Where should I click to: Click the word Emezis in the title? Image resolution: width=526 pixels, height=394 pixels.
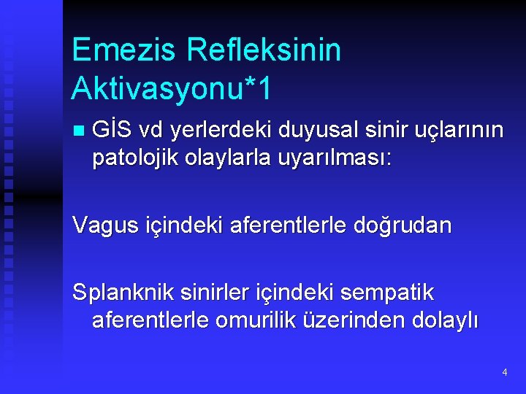(x=124, y=51)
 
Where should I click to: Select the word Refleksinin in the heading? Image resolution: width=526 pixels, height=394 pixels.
(x=264, y=51)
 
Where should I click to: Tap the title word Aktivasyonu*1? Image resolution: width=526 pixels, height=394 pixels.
(x=172, y=89)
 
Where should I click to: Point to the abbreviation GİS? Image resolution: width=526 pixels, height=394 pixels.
(x=112, y=131)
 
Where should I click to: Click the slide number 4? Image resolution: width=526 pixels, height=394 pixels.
(x=504, y=373)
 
